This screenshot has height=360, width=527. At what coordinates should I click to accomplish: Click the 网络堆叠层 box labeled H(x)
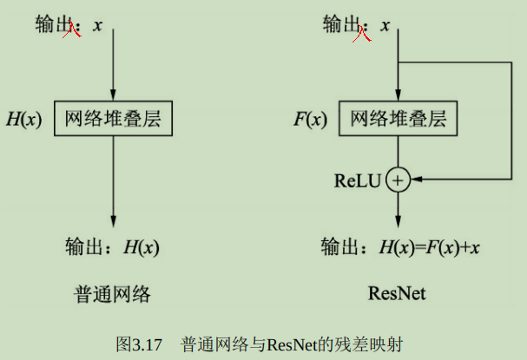(x=113, y=118)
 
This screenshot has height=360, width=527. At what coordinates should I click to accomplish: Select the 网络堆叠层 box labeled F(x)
(x=398, y=118)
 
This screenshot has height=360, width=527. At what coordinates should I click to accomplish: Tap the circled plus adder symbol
(x=398, y=180)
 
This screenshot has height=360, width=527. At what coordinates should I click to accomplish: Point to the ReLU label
(x=358, y=180)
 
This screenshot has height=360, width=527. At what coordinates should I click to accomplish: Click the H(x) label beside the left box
(x=23, y=119)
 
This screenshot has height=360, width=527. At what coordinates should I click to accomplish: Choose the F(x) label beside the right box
(x=309, y=119)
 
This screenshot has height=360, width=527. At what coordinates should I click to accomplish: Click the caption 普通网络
(x=113, y=294)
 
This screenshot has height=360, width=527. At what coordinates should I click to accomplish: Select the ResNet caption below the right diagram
(x=397, y=294)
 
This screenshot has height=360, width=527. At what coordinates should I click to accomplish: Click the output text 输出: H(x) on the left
(x=113, y=247)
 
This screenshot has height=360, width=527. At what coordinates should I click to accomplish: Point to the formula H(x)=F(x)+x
(x=430, y=247)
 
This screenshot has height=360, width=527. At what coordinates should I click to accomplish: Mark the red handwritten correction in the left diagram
(x=72, y=30)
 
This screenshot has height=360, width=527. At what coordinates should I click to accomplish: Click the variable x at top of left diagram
(x=97, y=25)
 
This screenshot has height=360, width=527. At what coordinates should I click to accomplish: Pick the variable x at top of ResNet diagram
(x=385, y=25)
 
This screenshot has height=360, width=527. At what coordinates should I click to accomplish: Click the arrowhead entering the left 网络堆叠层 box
(x=113, y=95)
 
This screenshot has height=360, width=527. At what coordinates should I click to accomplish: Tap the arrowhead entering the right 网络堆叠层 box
(x=398, y=95)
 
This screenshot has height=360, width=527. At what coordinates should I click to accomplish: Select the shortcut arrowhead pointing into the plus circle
(x=416, y=180)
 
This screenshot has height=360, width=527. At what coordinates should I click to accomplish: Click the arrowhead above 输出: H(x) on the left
(x=113, y=222)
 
